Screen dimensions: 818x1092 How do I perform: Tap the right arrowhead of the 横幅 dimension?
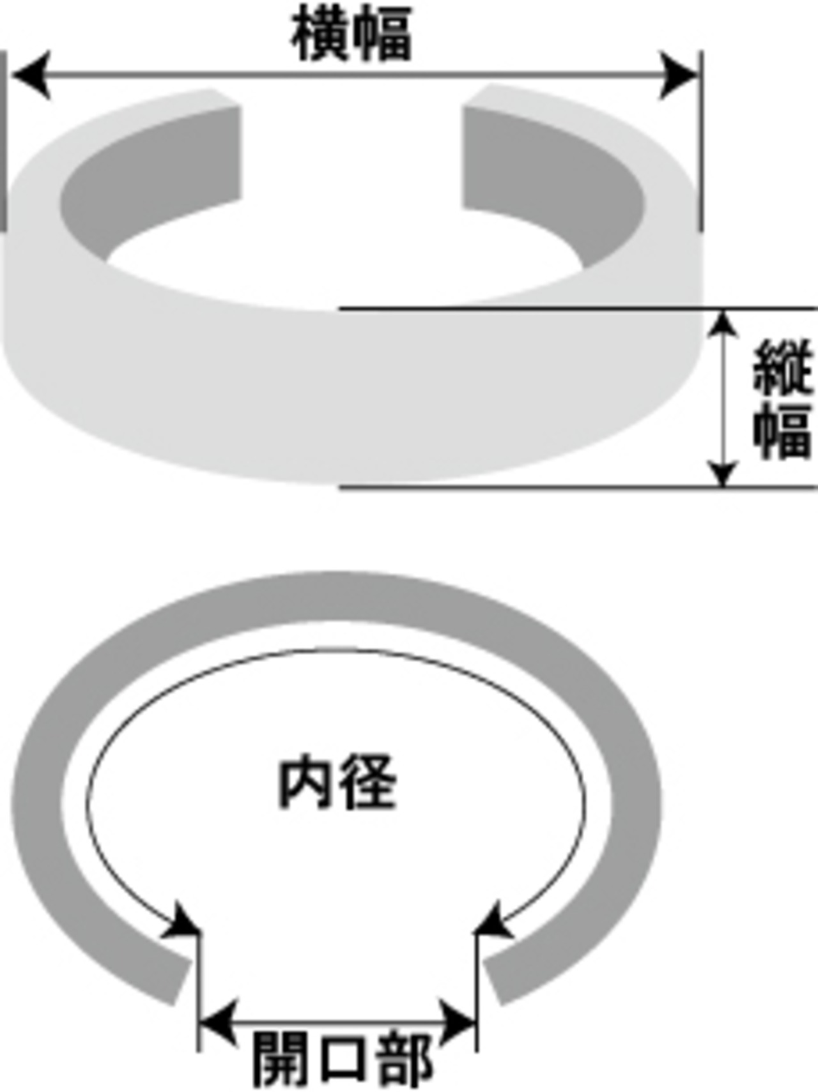click(679, 76)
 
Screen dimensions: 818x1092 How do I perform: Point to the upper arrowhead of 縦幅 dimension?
click(723, 322)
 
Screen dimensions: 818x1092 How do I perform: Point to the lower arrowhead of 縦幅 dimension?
click(723, 473)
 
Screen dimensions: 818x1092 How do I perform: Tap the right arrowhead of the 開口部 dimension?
click(459, 1022)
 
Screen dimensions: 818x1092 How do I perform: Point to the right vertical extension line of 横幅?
click(700, 140)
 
